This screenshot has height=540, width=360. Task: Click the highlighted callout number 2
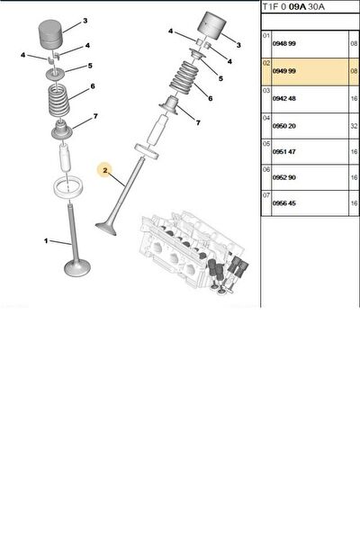pyautogui.click(x=104, y=170)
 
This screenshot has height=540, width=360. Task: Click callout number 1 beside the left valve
pyautogui.click(x=46, y=240)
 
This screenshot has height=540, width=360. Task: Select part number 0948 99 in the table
pyautogui.click(x=283, y=44)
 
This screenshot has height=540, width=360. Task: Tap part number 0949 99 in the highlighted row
pyautogui.click(x=283, y=71)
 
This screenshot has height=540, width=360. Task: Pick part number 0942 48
pyautogui.click(x=283, y=99)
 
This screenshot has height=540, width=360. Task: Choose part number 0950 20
pyautogui.click(x=283, y=126)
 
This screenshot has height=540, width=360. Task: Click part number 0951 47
pyautogui.click(x=283, y=152)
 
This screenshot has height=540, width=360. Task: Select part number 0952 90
pyautogui.click(x=283, y=177)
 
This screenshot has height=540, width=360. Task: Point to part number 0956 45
pyautogui.click(x=283, y=203)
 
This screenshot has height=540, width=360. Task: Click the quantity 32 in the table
pyautogui.click(x=354, y=126)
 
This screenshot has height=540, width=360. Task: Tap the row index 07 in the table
pyautogui.click(x=266, y=195)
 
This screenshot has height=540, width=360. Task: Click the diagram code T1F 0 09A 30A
pyautogui.click(x=293, y=6)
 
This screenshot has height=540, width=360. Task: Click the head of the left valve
pyautogui.click(x=77, y=268)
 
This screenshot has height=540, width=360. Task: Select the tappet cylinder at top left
pyautogui.click(x=50, y=34)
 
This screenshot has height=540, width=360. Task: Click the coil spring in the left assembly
pyautogui.click(x=58, y=100)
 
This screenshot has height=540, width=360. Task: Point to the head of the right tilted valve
pyautogui.click(x=106, y=229)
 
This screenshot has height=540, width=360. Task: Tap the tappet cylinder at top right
pyautogui.click(x=211, y=26)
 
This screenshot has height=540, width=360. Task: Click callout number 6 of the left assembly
pyautogui.click(x=93, y=86)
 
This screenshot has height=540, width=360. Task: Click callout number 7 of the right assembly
pyautogui.click(x=198, y=122)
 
